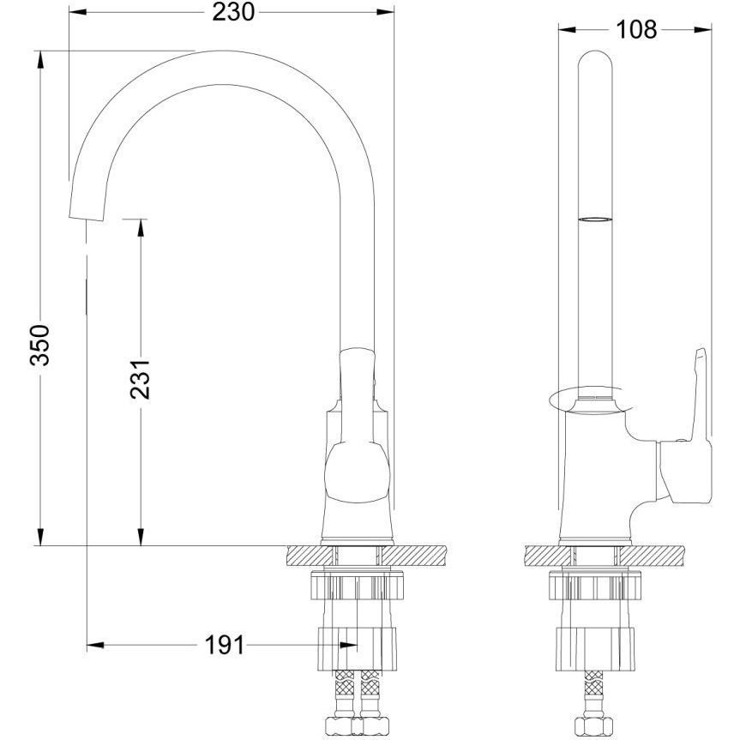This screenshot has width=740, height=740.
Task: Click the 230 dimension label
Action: [233, 12]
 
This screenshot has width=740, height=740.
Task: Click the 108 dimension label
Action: [636, 30]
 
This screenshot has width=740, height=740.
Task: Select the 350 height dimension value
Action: [39, 345]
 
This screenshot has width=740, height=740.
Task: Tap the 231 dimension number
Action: [140, 380]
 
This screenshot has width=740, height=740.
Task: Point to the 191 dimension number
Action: [226, 645]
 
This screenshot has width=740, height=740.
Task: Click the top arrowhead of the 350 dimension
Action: [40, 60]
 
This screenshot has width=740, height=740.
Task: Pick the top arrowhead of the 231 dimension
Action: [140, 228]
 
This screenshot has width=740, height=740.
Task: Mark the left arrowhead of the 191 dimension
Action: [96, 645]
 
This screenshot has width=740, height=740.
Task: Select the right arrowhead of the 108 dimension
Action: [703, 30]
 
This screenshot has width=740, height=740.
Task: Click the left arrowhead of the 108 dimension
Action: [568, 30]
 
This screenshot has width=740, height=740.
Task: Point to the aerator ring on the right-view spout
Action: [596, 220]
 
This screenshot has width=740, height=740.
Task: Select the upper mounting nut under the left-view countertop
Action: [358, 586]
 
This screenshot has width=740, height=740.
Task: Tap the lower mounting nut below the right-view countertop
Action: [595, 648]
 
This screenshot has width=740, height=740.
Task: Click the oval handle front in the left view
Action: [358, 472]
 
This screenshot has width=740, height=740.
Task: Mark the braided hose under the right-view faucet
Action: [588, 694]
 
